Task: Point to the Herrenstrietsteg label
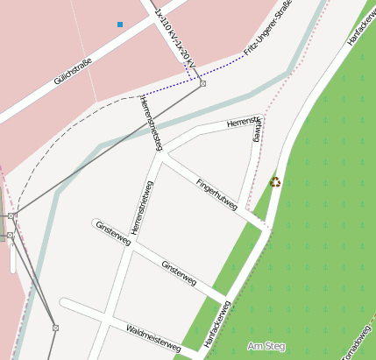tap(152, 122)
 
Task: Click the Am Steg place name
tap(266, 347)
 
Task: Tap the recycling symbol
tap(275, 182)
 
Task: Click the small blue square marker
tap(120, 25)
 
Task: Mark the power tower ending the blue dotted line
tap(202, 84)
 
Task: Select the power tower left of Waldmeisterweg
tap(55, 328)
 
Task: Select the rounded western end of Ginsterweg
tap(94, 223)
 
